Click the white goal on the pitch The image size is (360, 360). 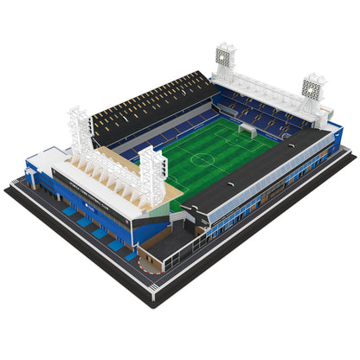pos(247,130)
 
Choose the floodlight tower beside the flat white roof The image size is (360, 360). pos(80,130)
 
